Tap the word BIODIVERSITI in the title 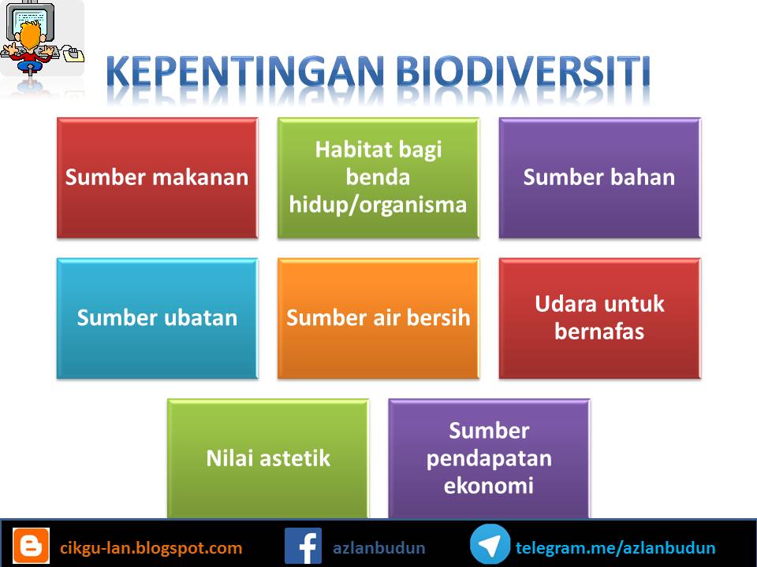click(x=524, y=72)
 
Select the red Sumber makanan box click(x=157, y=177)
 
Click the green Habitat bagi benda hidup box click(x=378, y=177)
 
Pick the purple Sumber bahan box click(x=599, y=177)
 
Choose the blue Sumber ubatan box click(x=157, y=318)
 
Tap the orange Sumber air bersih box click(x=378, y=318)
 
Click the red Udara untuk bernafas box click(x=599, y=318)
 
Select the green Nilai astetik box click(x=268, y=458)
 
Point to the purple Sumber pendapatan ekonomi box click(x=489, y=458)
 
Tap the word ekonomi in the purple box click(x=489, y=486)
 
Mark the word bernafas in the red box click(x=599, y=332)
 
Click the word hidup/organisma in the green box click(x=378, y=205)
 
